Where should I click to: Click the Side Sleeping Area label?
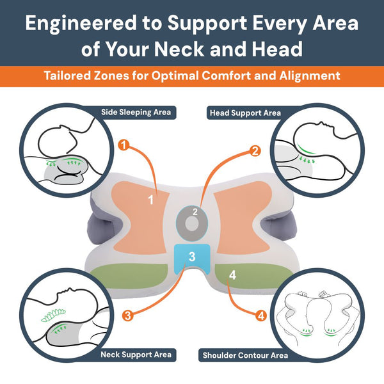(x=136, y=113)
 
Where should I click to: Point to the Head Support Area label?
(x=245, y=113)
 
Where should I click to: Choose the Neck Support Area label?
(x=136, y=354)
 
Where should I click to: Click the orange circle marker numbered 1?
(x=125, y=146)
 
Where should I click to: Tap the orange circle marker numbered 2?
(x=255, y=151)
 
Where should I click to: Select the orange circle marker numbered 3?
(x=127, y=315)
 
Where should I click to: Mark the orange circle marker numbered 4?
(x=260, y=316)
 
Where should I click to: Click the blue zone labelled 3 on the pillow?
(x=193, y=257)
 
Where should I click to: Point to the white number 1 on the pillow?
(x=151, y=200)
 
